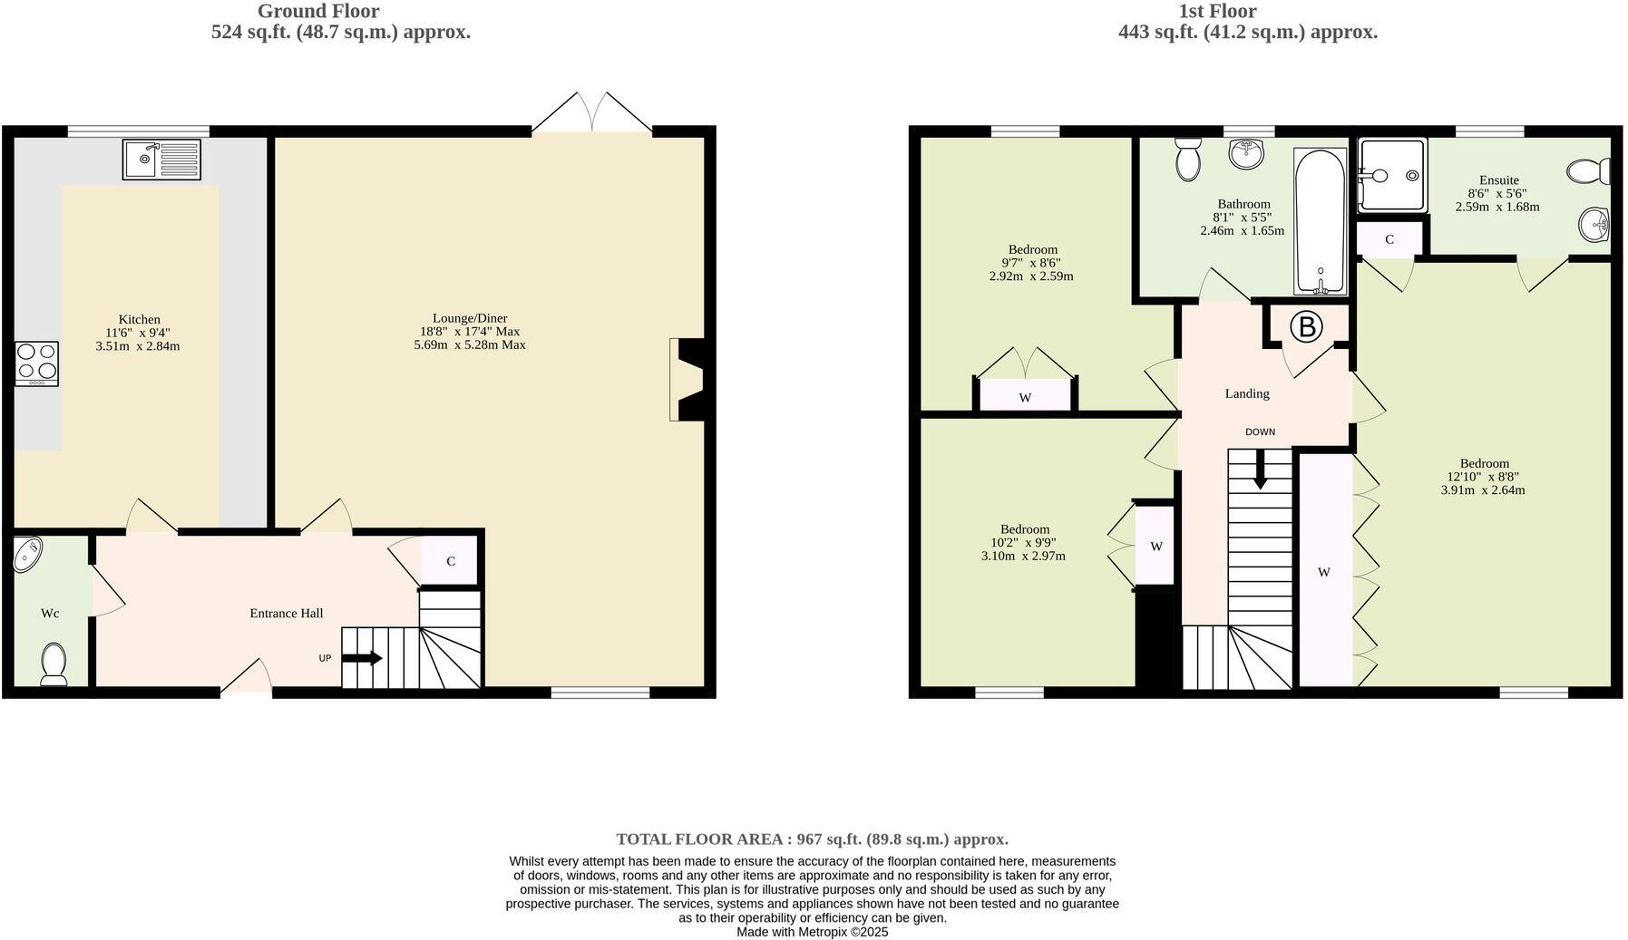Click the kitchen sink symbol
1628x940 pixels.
point(161,160)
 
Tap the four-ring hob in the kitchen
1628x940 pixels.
point(36,363)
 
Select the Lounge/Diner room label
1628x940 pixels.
point(469,318)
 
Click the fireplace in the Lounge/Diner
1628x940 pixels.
point(689,379)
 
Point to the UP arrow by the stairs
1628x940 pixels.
point(362,658)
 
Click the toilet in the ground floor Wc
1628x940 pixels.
point(54,664)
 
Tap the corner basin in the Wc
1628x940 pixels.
point(27,554)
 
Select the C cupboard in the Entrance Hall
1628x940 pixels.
point(451,561)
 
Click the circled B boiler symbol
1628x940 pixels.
point(1307,326)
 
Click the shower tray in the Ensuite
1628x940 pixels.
point(1391,175)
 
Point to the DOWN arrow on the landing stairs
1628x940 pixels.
point(1259,470)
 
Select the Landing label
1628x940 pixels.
point(1247,393)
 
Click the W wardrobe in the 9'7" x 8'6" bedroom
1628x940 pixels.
point(1025,397)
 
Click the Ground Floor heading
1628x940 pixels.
point(318,11)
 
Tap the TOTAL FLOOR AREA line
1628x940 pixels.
point(812,839)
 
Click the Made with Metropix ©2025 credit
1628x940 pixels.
point(812,932)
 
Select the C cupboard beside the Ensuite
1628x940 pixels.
point(1389,239)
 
